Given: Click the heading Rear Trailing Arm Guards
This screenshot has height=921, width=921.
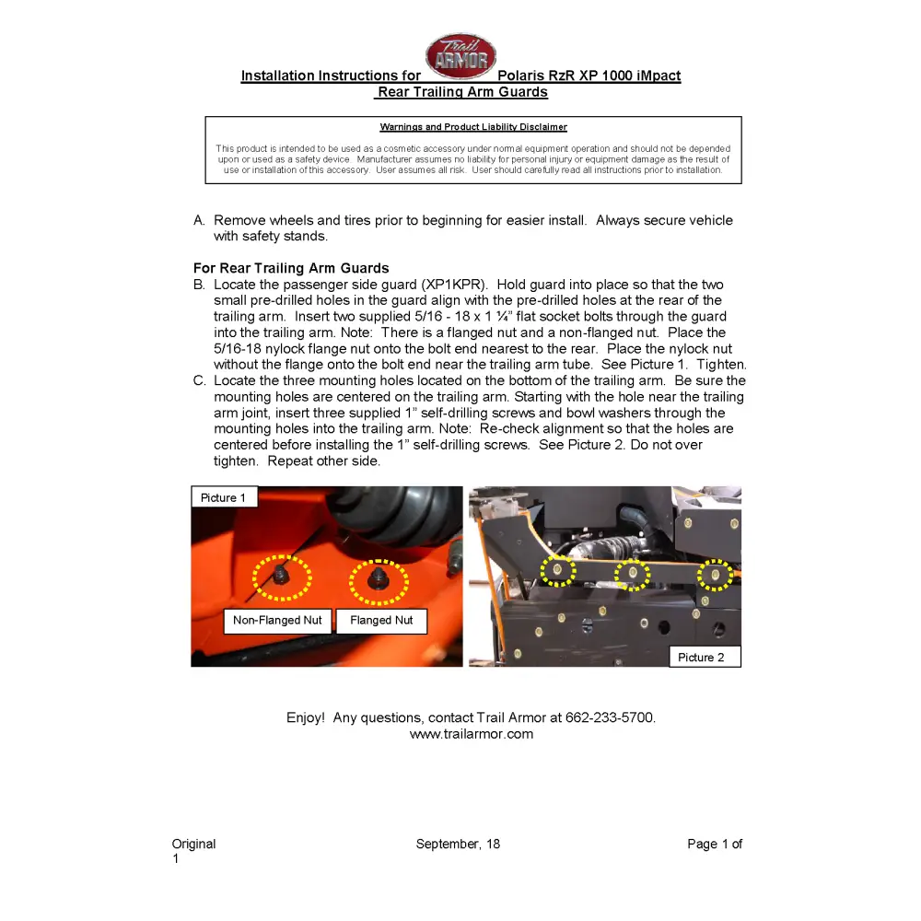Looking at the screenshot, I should tap(461, 92).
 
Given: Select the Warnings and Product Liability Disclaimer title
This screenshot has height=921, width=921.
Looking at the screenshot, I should tap(473, 127).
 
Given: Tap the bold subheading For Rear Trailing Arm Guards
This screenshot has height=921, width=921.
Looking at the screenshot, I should tap(291, 268).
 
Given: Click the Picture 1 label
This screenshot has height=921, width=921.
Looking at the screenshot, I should tap(223, 497).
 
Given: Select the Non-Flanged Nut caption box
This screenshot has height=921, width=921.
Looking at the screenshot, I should tap(277, 620).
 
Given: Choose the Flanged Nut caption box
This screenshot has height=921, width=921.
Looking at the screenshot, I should tap(381, 620).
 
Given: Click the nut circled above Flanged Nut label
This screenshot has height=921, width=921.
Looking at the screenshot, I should tap(378, 579).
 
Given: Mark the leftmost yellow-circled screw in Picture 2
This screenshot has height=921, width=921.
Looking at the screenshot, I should tap(557, 571).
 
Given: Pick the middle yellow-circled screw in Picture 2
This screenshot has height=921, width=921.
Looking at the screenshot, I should tap(633, 574).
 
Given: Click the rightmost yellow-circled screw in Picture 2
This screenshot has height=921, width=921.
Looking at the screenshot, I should tap(715, 575).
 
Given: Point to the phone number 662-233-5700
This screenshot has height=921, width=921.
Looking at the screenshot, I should tap(610, 717).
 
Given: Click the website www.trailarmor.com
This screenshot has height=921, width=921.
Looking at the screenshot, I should tap(472, 734).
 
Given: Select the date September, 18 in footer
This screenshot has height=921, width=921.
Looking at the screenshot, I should tap(458, 844).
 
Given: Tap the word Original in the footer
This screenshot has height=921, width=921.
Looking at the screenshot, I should tap(193, 844).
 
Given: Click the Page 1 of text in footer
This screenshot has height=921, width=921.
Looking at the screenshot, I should tap(714, 844).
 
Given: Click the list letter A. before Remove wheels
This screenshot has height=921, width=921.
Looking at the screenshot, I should tap(199, 220).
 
